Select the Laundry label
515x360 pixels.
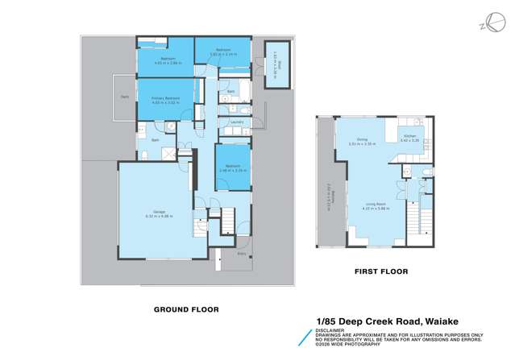236,122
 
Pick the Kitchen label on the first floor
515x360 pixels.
409,136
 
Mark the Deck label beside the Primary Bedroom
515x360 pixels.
125,97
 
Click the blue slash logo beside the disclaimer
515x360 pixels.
305,337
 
